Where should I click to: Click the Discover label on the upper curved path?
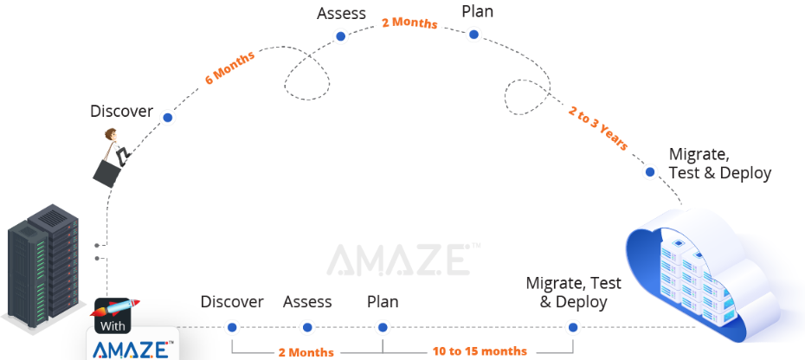[x=121, y=111]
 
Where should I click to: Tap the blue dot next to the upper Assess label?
[x=340, y=36]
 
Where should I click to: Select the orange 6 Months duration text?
[x=229, y=68]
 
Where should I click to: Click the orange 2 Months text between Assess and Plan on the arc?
[x=409, y=22]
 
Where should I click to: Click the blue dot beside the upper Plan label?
[x=473, y=35]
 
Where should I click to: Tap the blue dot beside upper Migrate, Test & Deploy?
[x=650, y=172]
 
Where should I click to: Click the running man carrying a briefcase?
[x=113, y=157]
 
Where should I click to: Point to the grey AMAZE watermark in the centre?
[x=398, y=260]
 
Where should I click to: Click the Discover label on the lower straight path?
[x=232, y=301]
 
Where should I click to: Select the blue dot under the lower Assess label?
[x=306, y=327]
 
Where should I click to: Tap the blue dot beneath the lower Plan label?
[x=383, y=327]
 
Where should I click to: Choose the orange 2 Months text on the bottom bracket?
[x=306, y=351]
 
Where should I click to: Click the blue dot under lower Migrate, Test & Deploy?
[x=572, y=327]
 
